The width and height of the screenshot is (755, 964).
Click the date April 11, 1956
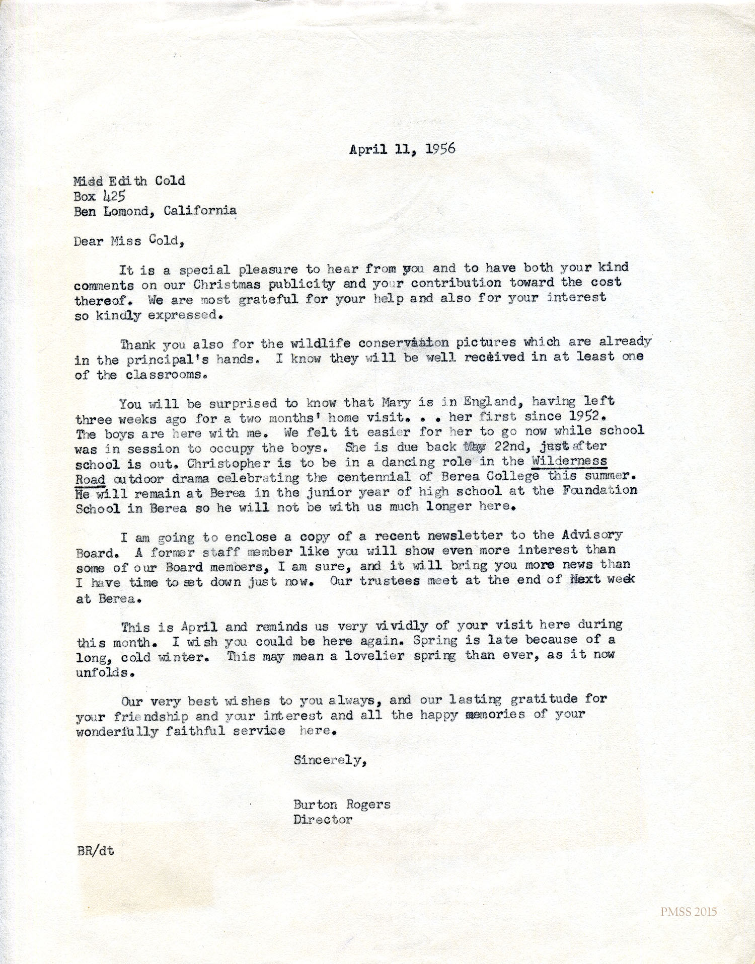point(402,149)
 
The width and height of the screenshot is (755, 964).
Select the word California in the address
point(200,210)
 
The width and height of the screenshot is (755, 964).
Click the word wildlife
point(321,344)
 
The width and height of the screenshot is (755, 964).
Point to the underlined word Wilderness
point(569,461)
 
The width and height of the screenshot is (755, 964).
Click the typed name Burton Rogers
point(342,804)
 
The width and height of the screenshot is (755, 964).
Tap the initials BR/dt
point(96,851)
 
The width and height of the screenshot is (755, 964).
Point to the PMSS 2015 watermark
point(689,912)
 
